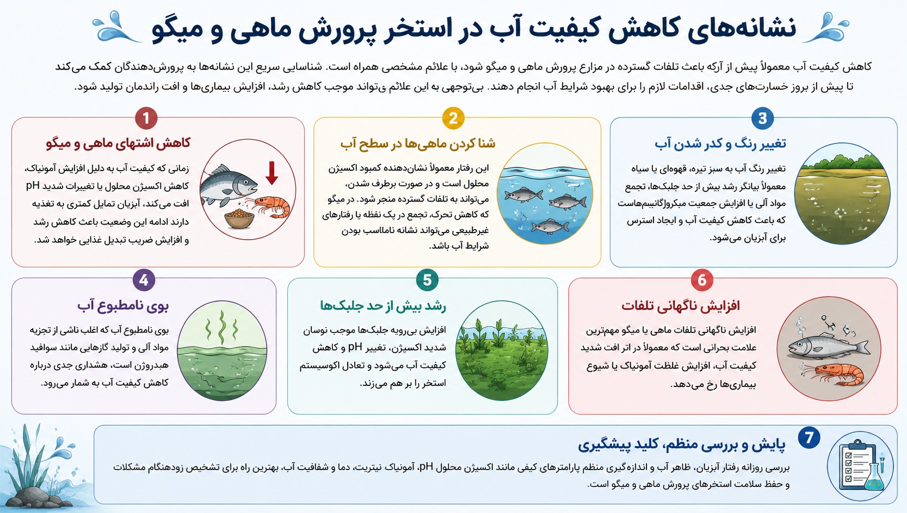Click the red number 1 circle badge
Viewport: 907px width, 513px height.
146,118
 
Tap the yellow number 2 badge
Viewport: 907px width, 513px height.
453,118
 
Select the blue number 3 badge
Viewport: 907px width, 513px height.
762,118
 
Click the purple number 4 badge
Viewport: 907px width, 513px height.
144,279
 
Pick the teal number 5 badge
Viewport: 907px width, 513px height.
427,279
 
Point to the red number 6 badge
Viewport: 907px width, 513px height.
702,279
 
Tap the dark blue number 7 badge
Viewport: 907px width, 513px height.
809,437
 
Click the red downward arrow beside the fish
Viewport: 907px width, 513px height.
272,173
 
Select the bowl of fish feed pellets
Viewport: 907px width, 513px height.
239,218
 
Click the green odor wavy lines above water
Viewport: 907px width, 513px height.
221,327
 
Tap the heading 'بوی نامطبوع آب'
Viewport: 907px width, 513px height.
122,305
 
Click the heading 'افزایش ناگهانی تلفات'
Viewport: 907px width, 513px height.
681,305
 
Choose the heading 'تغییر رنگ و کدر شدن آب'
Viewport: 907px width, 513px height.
720,143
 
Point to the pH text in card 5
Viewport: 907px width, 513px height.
355,347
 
